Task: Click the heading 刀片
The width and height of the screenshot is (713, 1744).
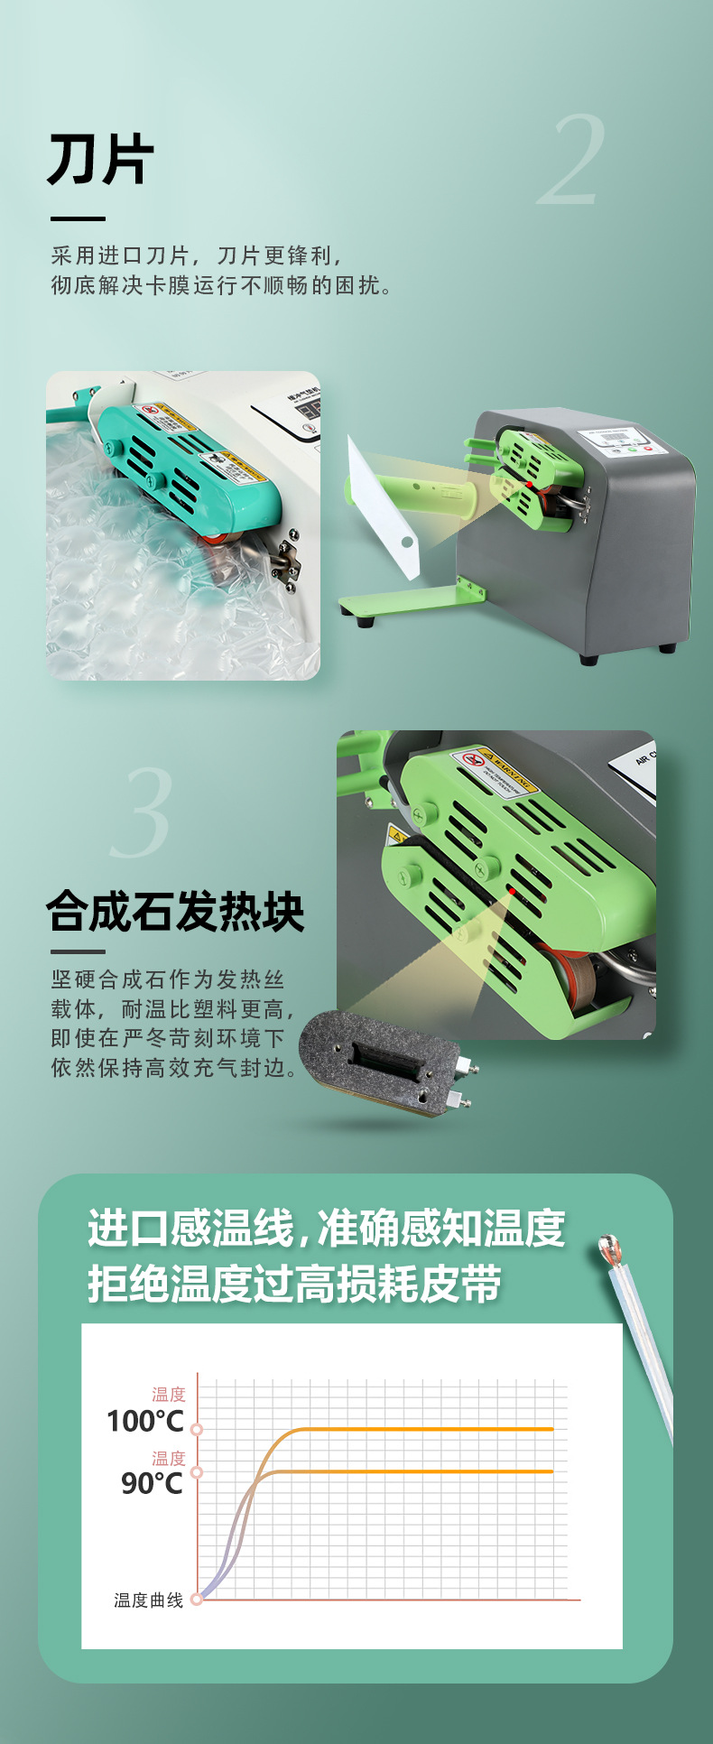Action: click(x=100, y=160)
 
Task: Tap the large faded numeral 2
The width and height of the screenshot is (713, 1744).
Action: click(x=571, y=161)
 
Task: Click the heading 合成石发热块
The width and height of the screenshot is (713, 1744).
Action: click(x=175, y=911)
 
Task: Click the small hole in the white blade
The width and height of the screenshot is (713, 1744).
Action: click(x=407, y=543)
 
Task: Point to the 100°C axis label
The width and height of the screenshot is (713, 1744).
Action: click(x=144, y=1422)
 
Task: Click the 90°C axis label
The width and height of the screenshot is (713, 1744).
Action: click(x=152, y=1483)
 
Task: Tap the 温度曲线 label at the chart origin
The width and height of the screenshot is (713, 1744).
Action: click(x=148, y=1600)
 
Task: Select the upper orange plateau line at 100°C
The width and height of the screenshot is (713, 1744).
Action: click(x=424, y=1429)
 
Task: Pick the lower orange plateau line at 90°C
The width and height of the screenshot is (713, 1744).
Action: click(x=424, y=1471)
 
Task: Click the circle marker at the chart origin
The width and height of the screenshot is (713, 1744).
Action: click(x=197, y=1599)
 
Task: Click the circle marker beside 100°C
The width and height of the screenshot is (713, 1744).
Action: click(x=197, y=1429)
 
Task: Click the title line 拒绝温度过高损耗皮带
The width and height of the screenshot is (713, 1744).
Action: click(x=294, y=1285)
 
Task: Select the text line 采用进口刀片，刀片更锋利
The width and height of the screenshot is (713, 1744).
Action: click(x=196, y=256)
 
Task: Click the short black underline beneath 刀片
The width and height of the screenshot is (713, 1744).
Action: click(x=78, y=218)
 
